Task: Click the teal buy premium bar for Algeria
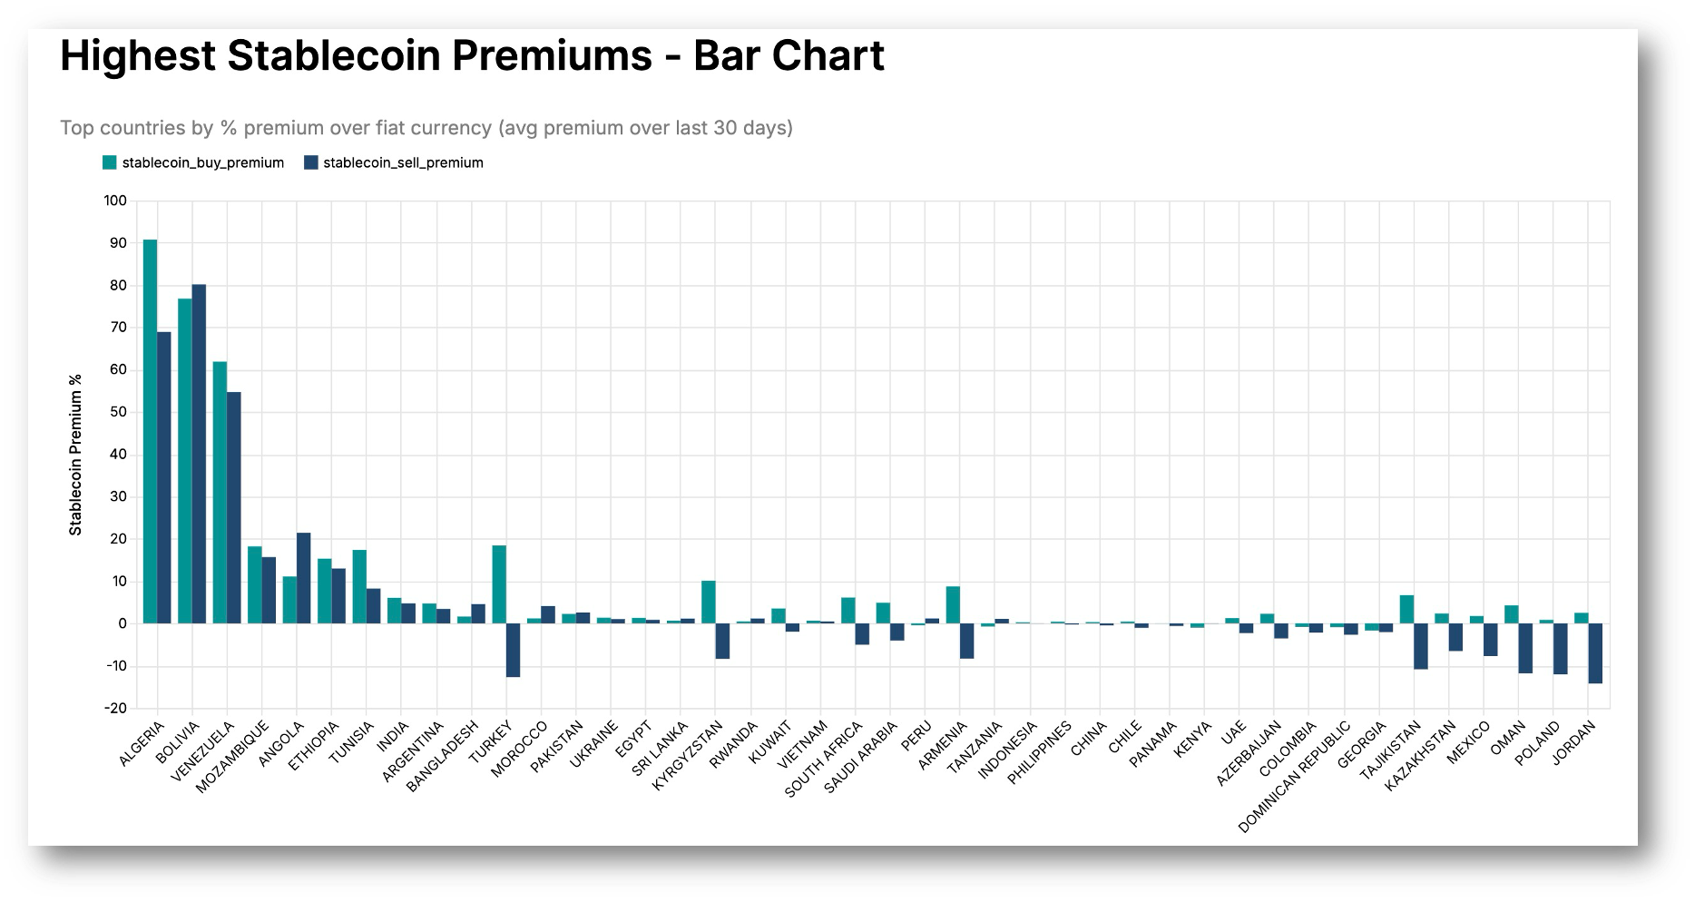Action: [x=150, y=431]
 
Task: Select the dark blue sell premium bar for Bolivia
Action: [x=200, y=454]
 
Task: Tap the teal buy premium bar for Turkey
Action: [x=499, y=584]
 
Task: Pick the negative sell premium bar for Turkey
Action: [x=513, y=650]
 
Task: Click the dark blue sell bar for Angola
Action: [x=304, y=578]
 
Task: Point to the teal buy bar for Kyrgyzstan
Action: [x=709, y=602]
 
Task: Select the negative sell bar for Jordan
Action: [x=1595, y=653]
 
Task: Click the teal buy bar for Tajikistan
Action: [x=1406, y=609]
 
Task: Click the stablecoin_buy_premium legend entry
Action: [x=193, y=163]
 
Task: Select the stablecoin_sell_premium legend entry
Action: [x=393, y=163]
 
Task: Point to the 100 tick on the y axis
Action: [x=115, y=201]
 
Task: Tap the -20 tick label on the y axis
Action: [x=115, y=709]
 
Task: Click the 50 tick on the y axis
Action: [x=119, y=412]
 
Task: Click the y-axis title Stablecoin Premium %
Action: [x=76, y=455]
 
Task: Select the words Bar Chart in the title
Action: [x=789, y=56]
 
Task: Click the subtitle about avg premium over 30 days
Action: [x=426, y=128]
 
